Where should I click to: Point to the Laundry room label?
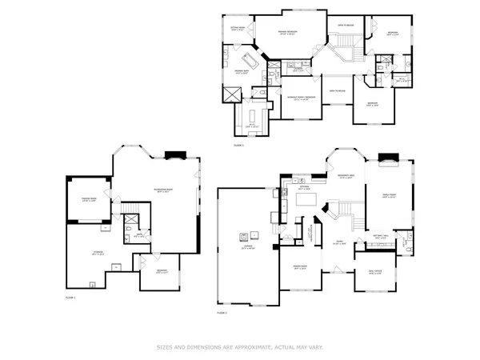[x=297, y=70]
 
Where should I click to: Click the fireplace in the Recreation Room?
[x=174, y=157]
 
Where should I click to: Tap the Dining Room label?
[x=300, y=268]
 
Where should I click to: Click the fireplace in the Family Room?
[x=389, y=158]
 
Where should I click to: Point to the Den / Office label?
[x=374, y=274]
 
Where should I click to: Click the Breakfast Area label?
[x=347, y=178]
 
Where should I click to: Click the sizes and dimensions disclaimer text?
[x=240, y=347]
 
